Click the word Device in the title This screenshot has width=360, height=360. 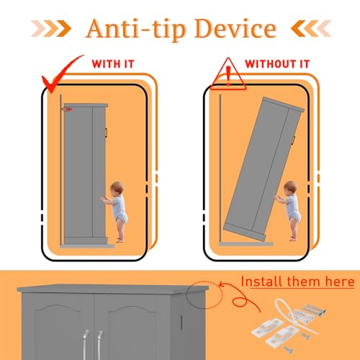(235, 29)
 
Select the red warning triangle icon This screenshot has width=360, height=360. (228, 74)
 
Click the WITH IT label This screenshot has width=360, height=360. (113, 64)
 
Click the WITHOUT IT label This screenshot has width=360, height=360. (277, 64)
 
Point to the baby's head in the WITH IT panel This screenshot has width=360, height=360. (117, 188)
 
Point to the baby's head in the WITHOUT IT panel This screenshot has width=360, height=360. (290, 188)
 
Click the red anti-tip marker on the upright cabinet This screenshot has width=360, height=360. (68, 109)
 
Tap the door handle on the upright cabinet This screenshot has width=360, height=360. (106, 132)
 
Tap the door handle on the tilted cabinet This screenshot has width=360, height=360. (293, 140)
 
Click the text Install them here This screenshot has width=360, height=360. (297, 282)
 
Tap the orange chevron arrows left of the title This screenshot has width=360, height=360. (51, 29)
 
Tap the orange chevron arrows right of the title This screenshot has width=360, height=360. (311, 29)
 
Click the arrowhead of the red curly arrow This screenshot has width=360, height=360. (221, 285)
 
